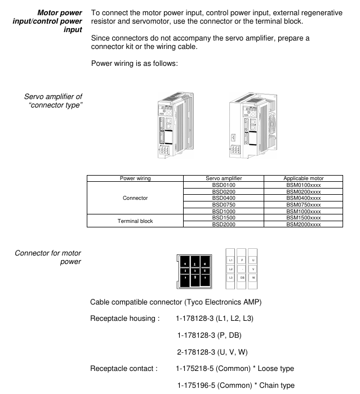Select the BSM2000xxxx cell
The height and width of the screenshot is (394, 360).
point(304,224)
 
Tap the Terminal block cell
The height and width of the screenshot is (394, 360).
point(135,221)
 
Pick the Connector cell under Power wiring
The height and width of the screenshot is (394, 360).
point(135,198)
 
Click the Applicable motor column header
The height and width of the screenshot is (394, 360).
point(304,178)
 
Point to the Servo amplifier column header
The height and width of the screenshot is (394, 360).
point(223,178)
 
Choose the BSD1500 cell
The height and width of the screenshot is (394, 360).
point(223,217)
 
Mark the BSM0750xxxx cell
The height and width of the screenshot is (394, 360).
point(304,204)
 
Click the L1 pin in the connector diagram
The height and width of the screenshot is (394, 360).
point(230,260)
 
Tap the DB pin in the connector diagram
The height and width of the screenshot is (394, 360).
point(242,278)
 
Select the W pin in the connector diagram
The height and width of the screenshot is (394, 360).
point(254,278)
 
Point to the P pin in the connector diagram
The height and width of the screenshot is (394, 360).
point(242,260)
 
